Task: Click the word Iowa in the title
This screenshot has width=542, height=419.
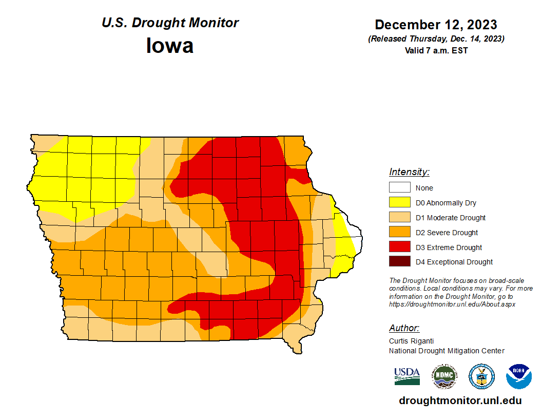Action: pyautogui.click(x=170, y=46)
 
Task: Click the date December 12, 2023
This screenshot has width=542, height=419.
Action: pyautogui.click(x=436, y=25)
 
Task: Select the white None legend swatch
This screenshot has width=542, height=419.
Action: pyautogui.click(x=399, y=188)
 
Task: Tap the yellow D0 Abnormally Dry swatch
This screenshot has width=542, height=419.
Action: pyautogui.click(x=399, y=203)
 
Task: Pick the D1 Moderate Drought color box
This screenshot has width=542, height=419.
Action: pyautogui.click(x=399, y=218)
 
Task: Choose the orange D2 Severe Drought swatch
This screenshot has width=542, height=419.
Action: pyautogui.click(x=399, y=233)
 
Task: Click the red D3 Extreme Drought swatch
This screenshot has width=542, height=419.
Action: pyautogui.click(x=399, y=247)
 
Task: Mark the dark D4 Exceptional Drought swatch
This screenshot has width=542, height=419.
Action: pyautogui.click(x=399, y=262)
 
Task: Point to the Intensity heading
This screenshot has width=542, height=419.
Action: pyautogui.click(x=409, y=172)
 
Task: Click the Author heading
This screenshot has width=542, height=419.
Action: pyautogui.click(x=404, y=328)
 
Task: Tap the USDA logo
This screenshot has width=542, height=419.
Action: pyautogui.click(x=407, y=376)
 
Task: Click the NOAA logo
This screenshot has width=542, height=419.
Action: pyautogui.click(x=518, y=376)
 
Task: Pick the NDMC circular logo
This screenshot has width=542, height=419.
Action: pyautogui.click(x=444, y=376)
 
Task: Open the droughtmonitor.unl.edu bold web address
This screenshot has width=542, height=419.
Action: pyautogui.click(x=460, y=401)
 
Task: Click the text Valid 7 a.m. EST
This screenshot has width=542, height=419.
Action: pyautogui.click(x=436, y=50)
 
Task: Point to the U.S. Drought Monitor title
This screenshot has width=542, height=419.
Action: pyautogui.click(x=170, y=23)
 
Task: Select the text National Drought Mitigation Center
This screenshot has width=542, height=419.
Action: pyautogui.click(x=447, y=351)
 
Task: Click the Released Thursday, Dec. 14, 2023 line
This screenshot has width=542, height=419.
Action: pyautogui.click(x=436, y=39)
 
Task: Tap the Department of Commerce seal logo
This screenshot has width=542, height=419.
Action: pyautogui.click(x=481, y=376)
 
